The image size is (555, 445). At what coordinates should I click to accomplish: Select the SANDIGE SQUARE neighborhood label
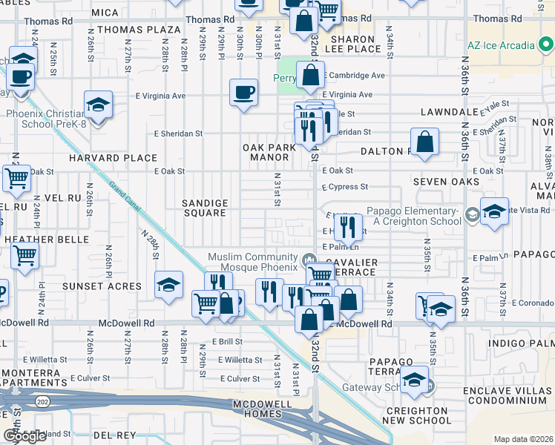pyautogui.click(x=205, y=208)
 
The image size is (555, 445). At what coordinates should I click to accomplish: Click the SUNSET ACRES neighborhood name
pyautogui.click(x=102, y=286)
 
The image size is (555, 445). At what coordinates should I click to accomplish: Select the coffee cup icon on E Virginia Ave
pyautogui.click(x=244, y=93)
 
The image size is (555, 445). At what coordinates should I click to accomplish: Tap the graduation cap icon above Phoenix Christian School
pyautogui.click(x=97, y=105)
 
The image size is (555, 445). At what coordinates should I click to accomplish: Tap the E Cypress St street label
pyautogui.click(x=344, y=187)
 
